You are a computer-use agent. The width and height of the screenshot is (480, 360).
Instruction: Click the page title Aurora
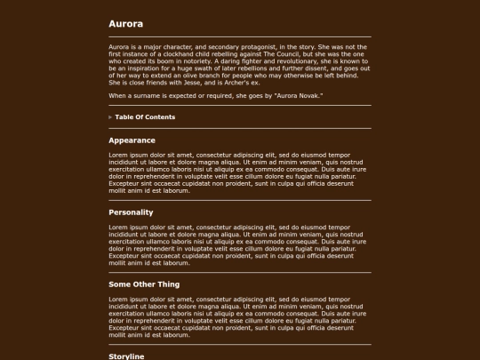pos(125,24)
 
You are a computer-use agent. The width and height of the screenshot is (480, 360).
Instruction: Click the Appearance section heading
pos(132,140)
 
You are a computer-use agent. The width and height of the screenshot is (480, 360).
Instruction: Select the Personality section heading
pos(131,212)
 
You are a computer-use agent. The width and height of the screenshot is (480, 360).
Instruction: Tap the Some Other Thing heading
pos(144,284)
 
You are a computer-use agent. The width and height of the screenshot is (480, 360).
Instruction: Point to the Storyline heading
pos(126,356)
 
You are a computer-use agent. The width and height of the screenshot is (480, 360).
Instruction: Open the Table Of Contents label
pos(145,117)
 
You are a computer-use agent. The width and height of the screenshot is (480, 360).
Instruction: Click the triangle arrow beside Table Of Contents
pos(111,117)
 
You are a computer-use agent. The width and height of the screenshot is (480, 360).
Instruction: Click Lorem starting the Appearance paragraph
pos(120,155)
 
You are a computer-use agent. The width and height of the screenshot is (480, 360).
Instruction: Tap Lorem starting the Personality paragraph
pos(120,227)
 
